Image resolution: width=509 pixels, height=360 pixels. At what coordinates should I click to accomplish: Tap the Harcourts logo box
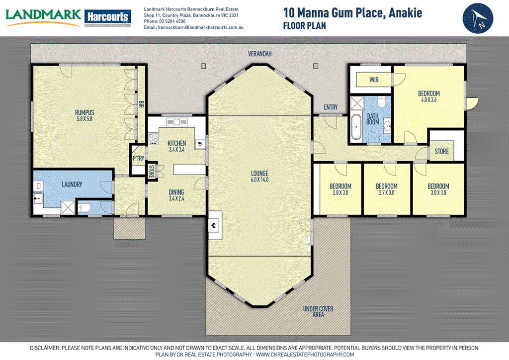108,17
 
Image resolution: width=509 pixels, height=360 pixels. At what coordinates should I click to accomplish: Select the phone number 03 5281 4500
173,21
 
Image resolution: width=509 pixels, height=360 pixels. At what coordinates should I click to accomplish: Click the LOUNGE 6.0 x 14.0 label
259,177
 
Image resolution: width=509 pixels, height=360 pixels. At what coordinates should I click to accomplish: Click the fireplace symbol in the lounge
214,225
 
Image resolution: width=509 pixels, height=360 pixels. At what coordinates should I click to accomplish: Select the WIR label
374,80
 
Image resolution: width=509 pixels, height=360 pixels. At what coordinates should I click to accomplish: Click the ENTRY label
331,107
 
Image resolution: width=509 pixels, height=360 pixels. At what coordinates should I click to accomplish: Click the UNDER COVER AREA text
318,311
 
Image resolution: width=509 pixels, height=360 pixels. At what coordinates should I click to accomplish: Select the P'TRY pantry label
138,159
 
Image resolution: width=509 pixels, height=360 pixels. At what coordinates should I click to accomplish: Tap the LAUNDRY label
72,184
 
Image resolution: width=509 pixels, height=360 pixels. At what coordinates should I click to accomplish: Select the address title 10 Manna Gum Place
352,12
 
